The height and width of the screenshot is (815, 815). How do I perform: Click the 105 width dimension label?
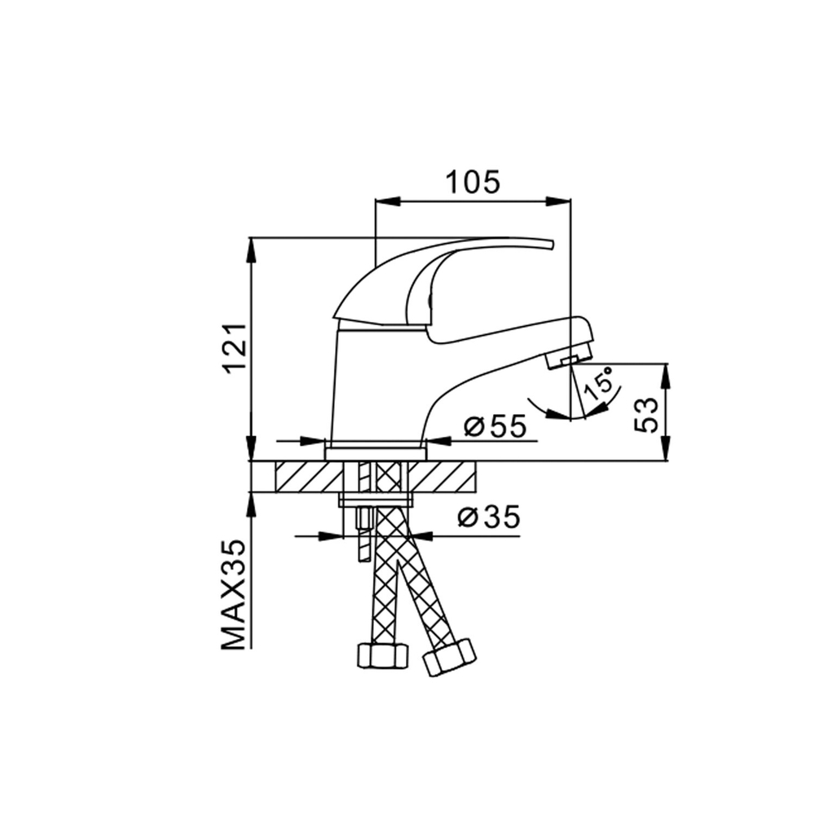tap(472, 183)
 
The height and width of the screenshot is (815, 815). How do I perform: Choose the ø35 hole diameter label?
tap(488, 518)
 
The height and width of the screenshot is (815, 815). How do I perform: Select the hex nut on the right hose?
tap(449, 656)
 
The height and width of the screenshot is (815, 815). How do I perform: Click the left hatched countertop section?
tap(307, 477)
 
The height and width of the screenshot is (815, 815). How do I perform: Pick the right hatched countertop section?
tap(448, 477)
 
